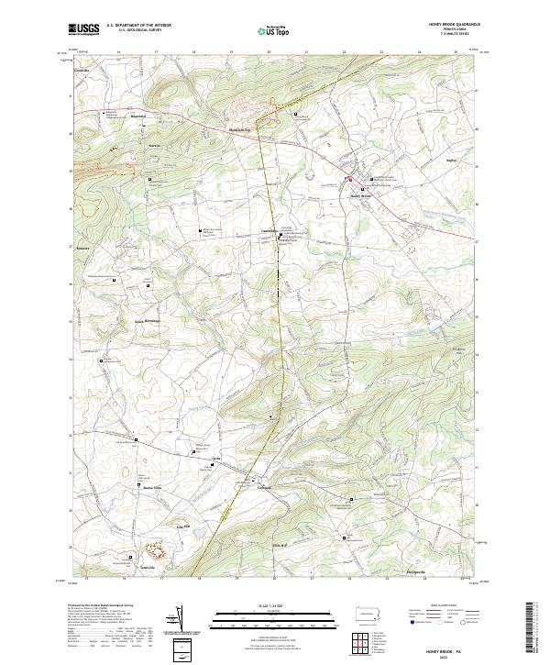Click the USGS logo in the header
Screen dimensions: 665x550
[x=84, y=29]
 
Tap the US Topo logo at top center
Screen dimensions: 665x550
[x=275, y=29]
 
